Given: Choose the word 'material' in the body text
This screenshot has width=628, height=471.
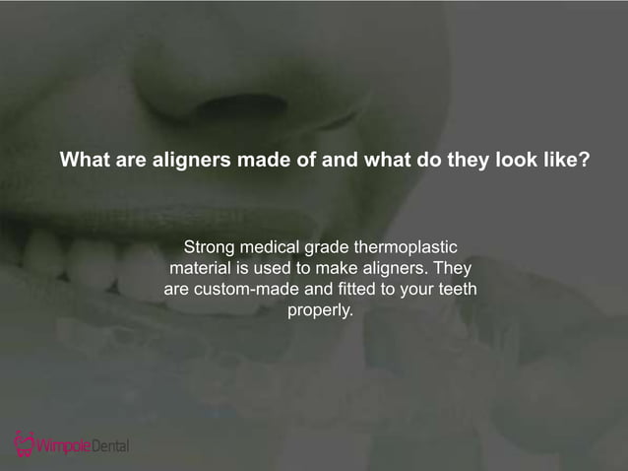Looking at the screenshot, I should coord(201,268).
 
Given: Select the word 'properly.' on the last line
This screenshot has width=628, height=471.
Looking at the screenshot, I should coord(320,311).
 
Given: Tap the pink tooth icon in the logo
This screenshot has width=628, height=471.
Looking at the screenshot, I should coord(23,443).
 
